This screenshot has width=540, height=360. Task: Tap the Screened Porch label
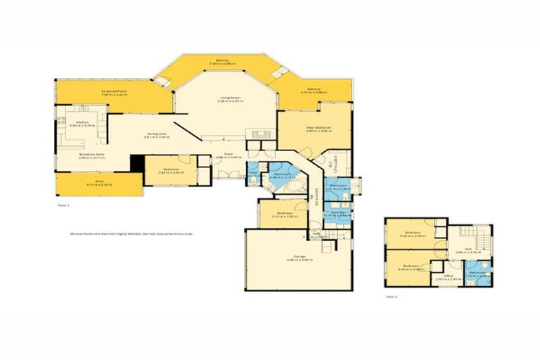click(116, 92)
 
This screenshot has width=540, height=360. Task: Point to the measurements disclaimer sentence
click(131, 233)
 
